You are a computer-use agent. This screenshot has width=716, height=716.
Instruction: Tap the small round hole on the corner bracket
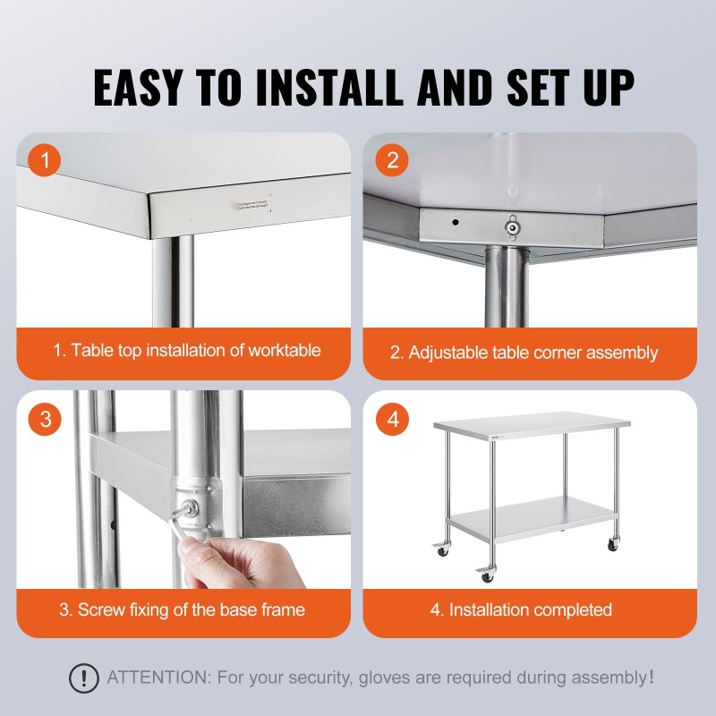click(x=455, y=221)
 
